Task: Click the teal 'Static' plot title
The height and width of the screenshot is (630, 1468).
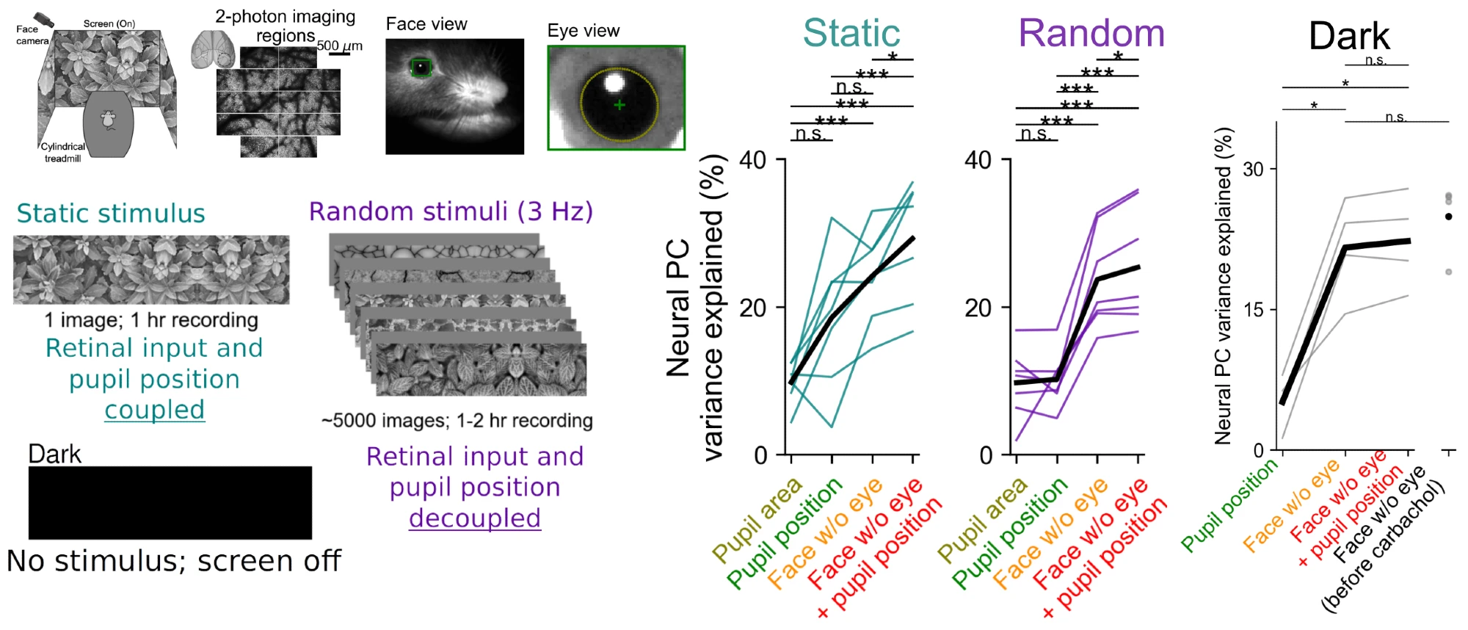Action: point(851,33)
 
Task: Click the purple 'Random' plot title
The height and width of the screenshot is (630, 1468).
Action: point(1091,33)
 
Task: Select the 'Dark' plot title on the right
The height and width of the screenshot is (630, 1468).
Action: point(1349,36)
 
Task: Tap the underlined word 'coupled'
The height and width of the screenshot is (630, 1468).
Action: point(154,410)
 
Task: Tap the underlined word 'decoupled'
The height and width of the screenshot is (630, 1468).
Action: point(475,518)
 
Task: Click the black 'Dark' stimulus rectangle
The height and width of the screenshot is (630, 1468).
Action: point(170,503)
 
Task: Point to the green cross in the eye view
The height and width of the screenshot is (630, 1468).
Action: point(619,105)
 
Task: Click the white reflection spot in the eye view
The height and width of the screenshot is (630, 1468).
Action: point(614,82)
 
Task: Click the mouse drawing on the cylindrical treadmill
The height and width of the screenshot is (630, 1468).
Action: point(108,120)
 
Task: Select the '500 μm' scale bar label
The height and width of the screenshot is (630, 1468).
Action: point(339,46)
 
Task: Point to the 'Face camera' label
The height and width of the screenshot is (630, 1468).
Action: point(32,35)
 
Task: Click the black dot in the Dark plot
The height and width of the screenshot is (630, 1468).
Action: point(1448,217)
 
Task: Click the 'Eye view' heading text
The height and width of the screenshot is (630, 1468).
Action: point(584,31)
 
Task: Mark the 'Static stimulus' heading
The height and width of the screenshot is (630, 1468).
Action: point(111,214)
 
